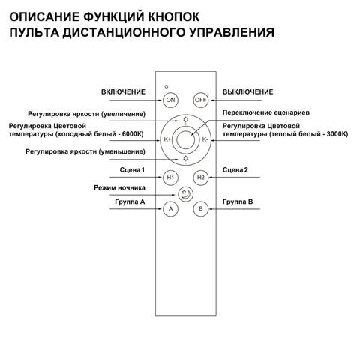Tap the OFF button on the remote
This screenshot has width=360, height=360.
pos(200,100)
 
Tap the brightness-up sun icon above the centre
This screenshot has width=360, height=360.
pos(185,120)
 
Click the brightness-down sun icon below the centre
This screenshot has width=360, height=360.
pos(185,158)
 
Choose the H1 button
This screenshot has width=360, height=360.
pos(170,178)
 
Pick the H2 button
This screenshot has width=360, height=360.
pos(200,178)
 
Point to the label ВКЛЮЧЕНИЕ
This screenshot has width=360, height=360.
pos(123,91)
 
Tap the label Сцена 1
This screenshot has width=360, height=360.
pos(132,171)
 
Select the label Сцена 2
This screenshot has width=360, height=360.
pos(235,171)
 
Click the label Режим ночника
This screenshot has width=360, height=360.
pos(118,187)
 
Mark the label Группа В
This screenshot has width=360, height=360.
pos(238,202)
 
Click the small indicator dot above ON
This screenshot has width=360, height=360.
pos(167,88)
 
